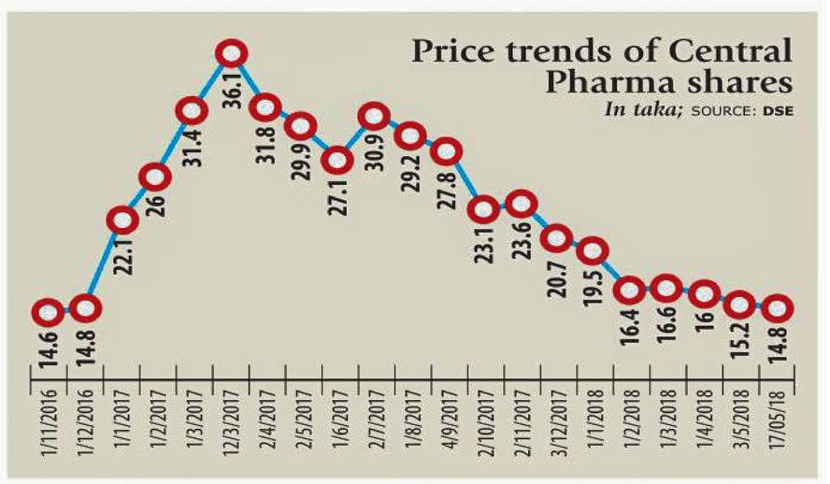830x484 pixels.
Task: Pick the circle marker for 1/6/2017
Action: pos(337,160)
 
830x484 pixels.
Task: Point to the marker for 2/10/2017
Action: pos(485,209)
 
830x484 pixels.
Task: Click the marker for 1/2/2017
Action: pos(156,177)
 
